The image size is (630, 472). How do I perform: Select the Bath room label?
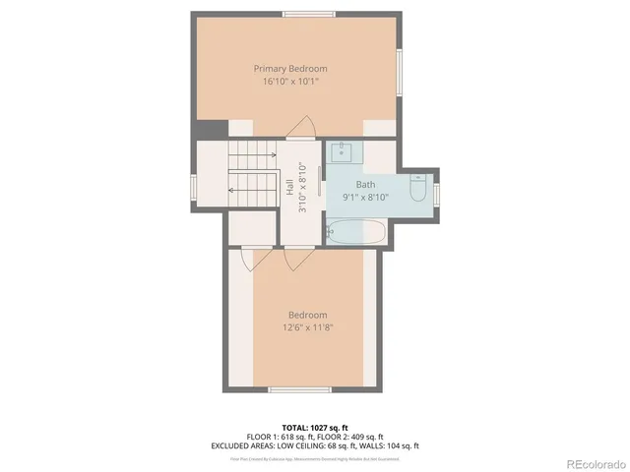point(365,184)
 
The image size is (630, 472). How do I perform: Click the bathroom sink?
point(341,151)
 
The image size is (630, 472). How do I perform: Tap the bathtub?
point(357,233)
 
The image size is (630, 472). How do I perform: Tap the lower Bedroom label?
point(307,315)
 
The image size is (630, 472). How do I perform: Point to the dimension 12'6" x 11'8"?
point(307,327)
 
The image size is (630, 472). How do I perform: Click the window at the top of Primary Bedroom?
point(305,13)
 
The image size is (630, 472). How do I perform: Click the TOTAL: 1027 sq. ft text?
point(314,429)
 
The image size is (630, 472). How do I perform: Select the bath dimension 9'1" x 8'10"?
point(365,197)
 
